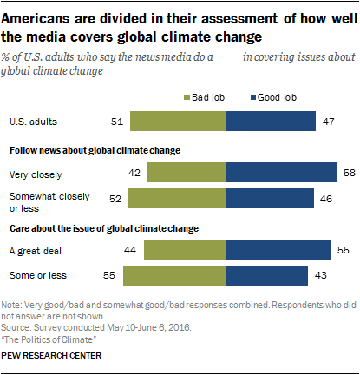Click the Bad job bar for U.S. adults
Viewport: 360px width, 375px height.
(177, 122)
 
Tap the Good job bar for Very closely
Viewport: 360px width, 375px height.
(281, 174)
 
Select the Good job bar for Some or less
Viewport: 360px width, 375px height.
(267, 275)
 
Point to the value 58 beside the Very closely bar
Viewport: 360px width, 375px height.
(348, 174)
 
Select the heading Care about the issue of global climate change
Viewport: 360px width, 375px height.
(109, 227)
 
